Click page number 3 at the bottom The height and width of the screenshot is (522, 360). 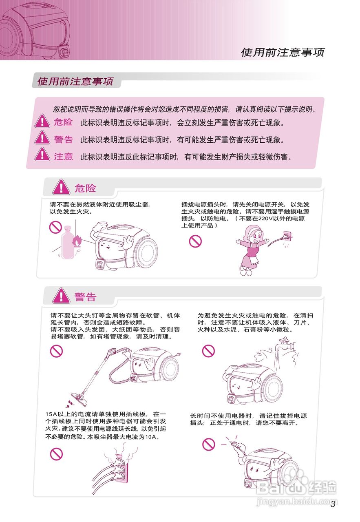[333, 504]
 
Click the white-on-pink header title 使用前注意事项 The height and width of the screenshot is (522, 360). [282, 52]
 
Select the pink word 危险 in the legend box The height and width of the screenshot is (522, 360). [63, 122]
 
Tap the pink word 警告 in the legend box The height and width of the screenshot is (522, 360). [63, 139]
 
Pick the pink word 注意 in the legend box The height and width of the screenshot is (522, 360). [63, 157]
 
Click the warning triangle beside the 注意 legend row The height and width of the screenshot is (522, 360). [42, 155]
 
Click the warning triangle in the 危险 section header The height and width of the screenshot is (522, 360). [62, 188]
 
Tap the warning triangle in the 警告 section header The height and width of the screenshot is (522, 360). [62, 296]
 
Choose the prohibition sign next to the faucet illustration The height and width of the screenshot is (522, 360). [209, 350]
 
